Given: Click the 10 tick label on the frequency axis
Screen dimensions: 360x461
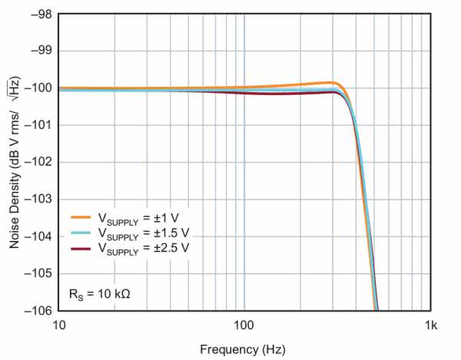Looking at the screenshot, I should pyautogui.click(x=59, y=325).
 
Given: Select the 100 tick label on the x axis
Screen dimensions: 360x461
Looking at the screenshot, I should pyautogui.click(x=244, y=325).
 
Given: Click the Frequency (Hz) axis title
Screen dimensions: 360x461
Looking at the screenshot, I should pyautogui.click(x=243, y=350).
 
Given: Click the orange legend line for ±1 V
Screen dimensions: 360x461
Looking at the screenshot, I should pyautogui.click(x=82, y=217).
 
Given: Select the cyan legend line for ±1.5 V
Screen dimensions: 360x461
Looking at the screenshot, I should pyautogui.click(x=82, y=233).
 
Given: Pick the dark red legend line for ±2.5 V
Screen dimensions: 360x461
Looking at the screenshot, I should pyautogui.click(x=82, y=248).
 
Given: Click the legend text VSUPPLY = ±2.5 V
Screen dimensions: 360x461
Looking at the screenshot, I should pyautogui.click(x=143, y=248).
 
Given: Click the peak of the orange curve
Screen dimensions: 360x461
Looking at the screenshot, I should pyautogui.click(x=332, y=82).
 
